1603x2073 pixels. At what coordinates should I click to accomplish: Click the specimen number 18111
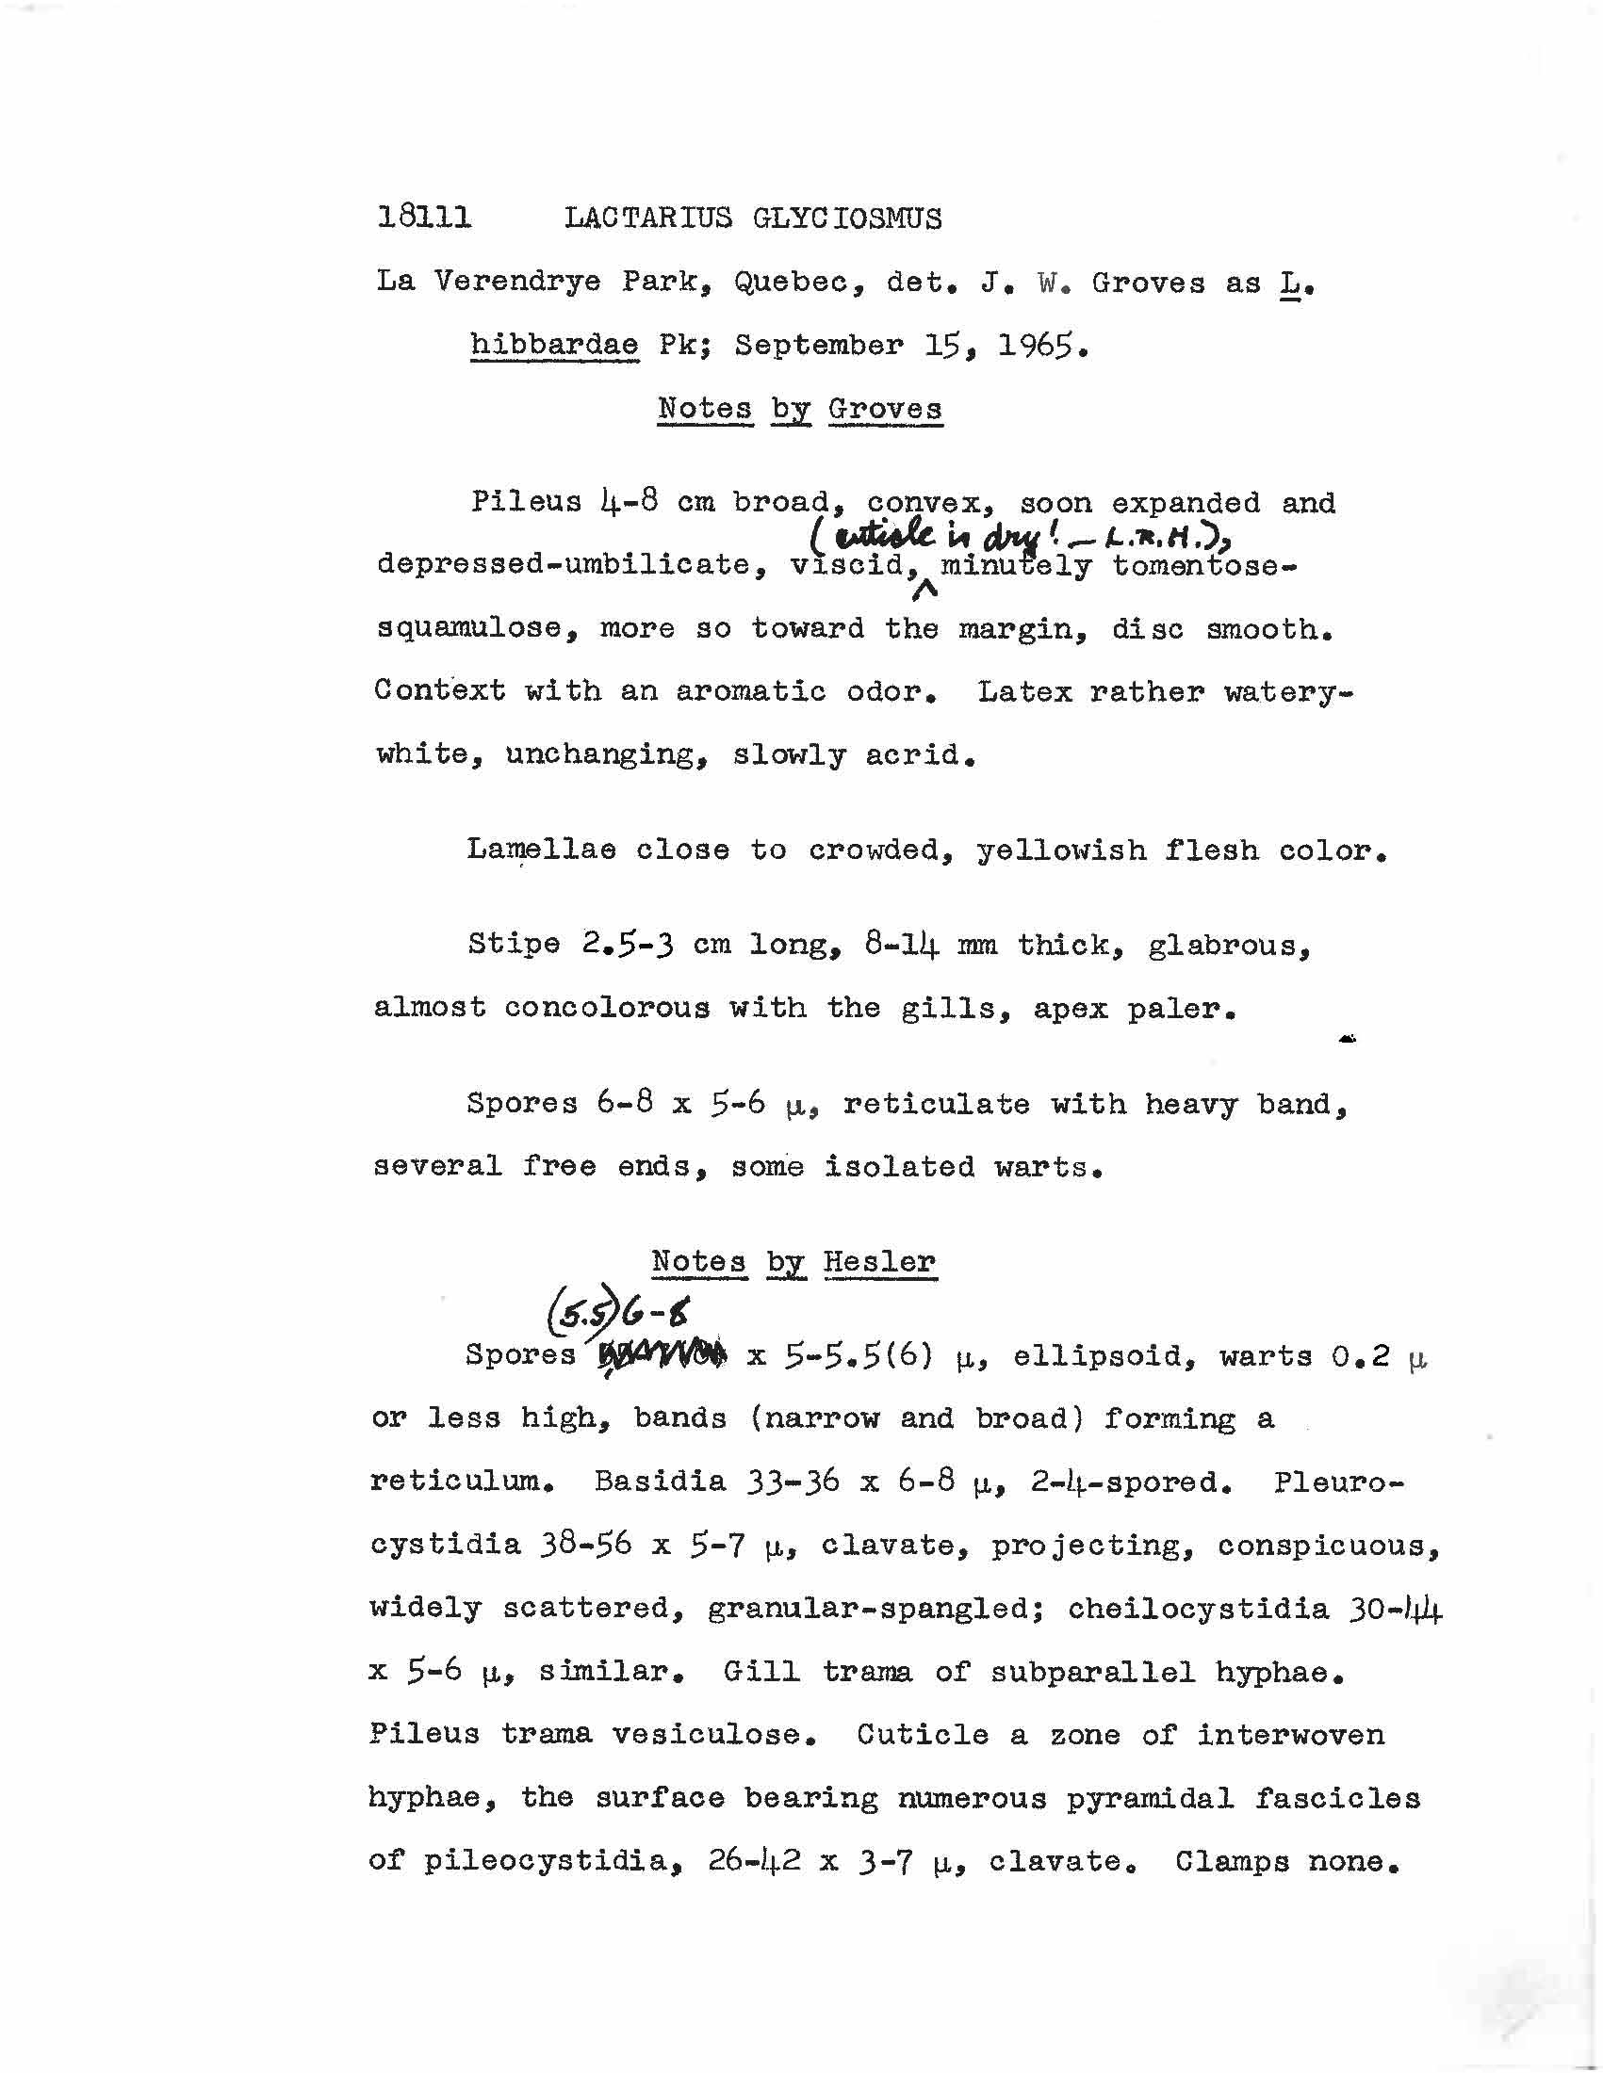click(423, 219)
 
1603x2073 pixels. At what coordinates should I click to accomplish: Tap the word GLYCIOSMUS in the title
click(847, 219)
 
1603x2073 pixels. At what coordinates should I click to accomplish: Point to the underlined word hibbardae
click(553, 345)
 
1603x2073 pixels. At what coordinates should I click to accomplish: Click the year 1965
click(1040, 345)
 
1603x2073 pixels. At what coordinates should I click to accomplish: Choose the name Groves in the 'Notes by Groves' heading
click(884, 409)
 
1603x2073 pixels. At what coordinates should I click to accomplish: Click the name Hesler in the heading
click(879, 1261)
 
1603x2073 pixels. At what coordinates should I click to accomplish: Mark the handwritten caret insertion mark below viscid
click(924, 591)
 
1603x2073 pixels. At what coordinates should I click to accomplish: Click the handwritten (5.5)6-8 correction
click(617, 1316)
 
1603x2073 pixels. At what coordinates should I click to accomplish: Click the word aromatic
click(750, 691)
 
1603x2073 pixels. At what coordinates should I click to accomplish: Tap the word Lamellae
click(540, 850)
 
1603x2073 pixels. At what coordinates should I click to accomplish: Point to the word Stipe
click(513, 945)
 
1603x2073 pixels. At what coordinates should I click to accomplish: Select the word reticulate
click(936, 1104)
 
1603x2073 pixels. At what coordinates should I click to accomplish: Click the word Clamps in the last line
click(1231, 1862)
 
